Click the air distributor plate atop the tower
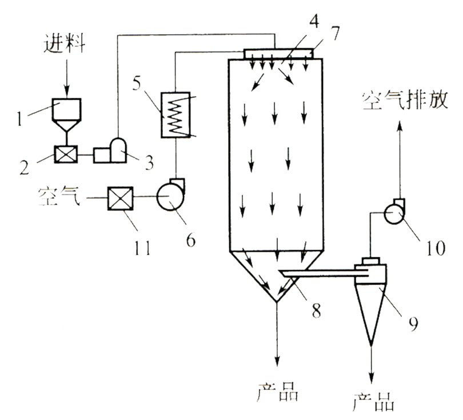pyautogui.click(x=278, y=53)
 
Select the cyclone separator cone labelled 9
pyautogui.click(x=370, y=309)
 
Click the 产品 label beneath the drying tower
pyautogui.click(x=277, y=393)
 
